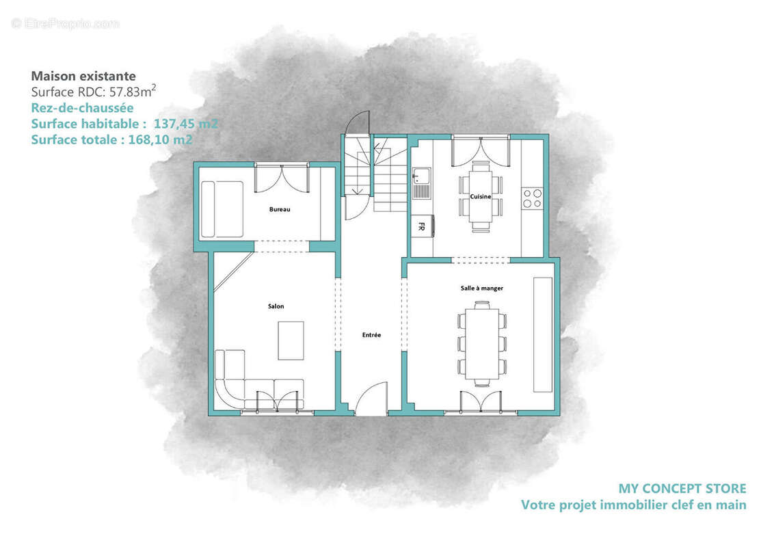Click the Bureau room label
280,209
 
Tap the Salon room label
276,306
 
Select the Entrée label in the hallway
371,335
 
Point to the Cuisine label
480,196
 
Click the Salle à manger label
482,288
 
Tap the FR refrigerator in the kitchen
422,226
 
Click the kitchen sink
422,183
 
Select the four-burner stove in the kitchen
532,198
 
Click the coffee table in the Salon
291,341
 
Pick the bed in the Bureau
222,209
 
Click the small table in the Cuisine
480,196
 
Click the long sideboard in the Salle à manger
543,335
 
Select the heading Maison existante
83,76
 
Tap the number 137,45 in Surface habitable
172,124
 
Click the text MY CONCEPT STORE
682,489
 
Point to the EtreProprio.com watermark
65,23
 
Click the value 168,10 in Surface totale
146,139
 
